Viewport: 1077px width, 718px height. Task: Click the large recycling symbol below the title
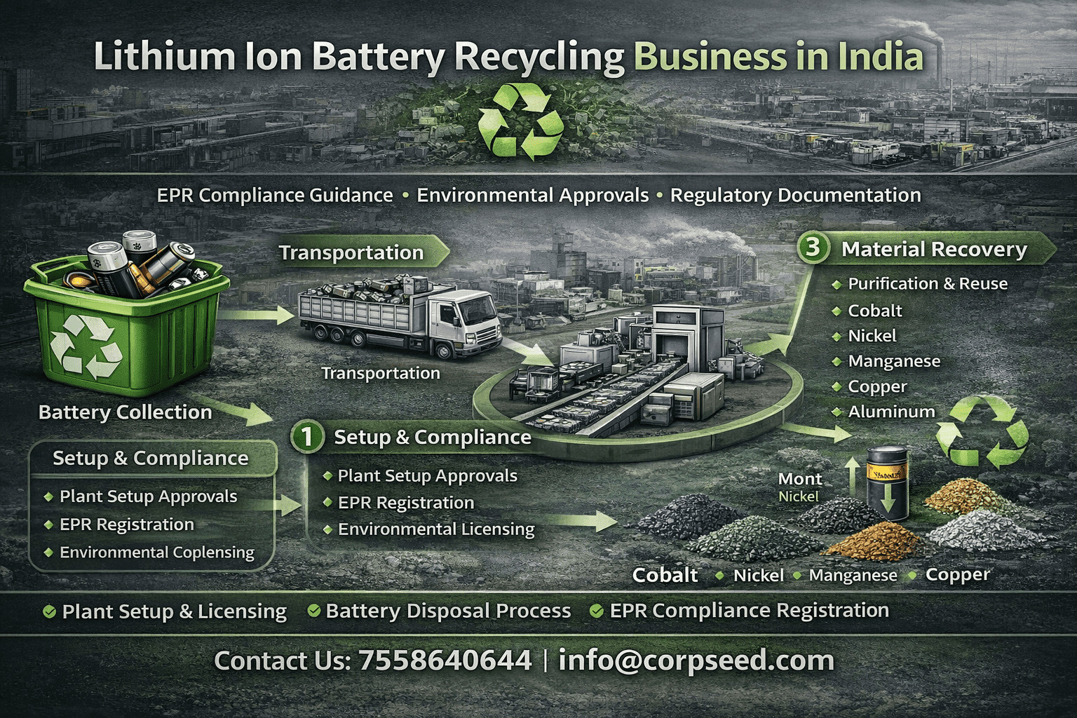[520, 122]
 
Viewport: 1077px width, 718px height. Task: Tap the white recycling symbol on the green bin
[86, 345]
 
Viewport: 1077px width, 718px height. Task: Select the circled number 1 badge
[307, 437]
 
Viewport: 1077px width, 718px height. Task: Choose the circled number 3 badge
[813, 248]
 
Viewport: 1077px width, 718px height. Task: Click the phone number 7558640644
[445, 660]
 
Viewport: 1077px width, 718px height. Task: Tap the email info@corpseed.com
[696, 661]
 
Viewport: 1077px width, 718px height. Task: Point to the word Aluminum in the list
[891, 412]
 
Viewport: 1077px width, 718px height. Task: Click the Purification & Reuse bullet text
[928, 284]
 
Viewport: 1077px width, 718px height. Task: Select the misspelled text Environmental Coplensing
[157, 552]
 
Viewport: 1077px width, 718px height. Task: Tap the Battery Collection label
[125, 412]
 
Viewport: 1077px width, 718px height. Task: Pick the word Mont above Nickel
[800, 478]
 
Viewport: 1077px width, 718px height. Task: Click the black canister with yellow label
[888, 482]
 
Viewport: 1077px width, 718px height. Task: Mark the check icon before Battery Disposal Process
[314, 611]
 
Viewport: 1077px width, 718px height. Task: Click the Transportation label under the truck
[381, 373]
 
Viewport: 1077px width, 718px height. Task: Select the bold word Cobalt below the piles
[665, 575]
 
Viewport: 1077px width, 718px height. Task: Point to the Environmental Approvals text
[533, 195]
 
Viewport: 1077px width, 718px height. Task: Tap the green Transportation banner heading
[351, 252]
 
